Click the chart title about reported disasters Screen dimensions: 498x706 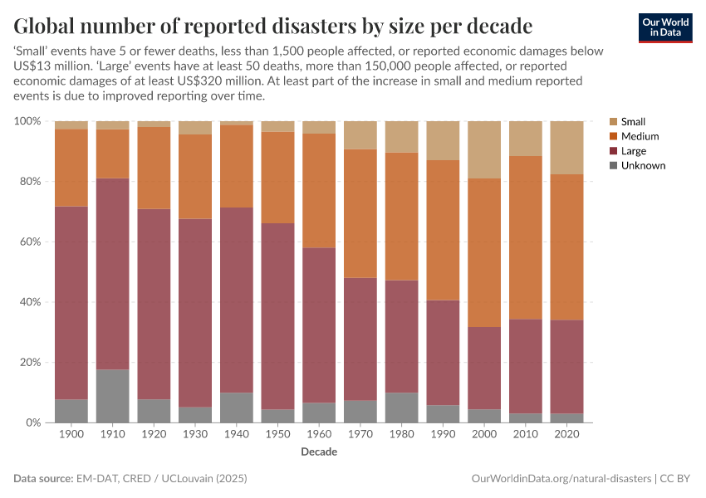pyautogui.click(x=273, y=23)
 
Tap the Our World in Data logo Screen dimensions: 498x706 pyautogui.click(x=664, y=27)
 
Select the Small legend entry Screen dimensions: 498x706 pyautogui.click(x=633, y=121)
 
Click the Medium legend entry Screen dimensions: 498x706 pyautogui.click(x=640, y=136)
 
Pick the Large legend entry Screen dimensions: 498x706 pyautogui.click(x=633, y=151)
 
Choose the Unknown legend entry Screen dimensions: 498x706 pyautogui.click(x=643, y=166)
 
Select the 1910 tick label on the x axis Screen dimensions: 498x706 pyautogui.click(x=112, y=434)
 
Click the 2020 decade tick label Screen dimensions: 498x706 pyautogui.click(x=566, y=434)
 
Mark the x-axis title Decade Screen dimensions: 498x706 pyautogui.click(x=319, y=452)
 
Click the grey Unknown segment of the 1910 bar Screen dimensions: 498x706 pyautogui.click(x=112, y=396)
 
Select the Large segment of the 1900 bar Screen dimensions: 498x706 pyautogui.click(x=71, y=303)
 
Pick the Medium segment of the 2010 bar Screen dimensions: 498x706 pyautogui.click(x=526, y=237)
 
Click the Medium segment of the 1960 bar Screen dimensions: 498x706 pyautogui.click(x=319, y=190)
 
